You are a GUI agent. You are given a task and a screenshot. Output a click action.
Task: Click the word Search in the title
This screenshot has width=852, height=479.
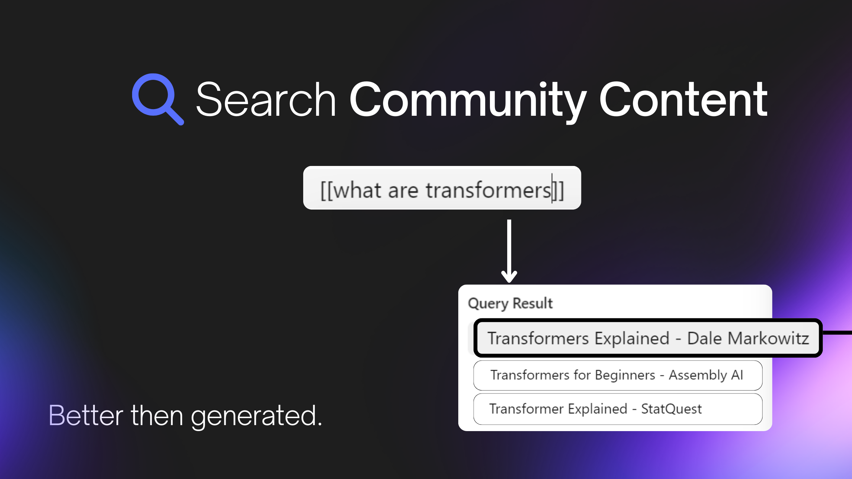pos(266,100)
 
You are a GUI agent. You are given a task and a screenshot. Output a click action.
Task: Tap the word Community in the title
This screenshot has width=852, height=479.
pos(468,101)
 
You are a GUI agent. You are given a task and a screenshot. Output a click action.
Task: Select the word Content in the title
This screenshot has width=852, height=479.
pos(683,99)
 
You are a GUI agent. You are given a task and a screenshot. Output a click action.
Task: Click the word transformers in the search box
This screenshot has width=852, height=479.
pos(489,191)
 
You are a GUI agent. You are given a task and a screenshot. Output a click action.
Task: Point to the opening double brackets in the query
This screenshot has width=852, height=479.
pos(326,191)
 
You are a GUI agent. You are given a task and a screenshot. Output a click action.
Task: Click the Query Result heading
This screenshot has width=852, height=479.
pos(510,303)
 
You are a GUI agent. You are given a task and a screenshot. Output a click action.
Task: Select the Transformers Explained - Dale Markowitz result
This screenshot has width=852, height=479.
pos(648,338)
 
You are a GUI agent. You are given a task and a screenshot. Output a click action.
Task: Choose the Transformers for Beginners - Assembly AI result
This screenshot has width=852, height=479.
pos(618,375)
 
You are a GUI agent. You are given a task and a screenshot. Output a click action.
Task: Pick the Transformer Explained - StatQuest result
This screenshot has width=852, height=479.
pos(618,409)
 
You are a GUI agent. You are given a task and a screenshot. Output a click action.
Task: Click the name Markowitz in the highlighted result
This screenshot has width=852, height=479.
pos(768,338)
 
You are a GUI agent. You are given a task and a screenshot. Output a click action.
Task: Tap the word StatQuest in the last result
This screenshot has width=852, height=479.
pos(671,409)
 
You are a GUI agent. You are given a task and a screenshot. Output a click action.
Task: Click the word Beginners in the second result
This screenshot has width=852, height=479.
pos(625,375)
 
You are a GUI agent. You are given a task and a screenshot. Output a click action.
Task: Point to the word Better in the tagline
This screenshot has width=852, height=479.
pos(86,415)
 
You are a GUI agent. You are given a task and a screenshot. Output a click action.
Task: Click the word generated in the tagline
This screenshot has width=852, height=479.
pos(257,416)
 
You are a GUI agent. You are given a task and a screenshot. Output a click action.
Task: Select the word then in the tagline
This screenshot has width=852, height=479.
pos(157,415)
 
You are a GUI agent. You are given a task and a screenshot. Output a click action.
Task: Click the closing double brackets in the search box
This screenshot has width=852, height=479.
pos(558,191)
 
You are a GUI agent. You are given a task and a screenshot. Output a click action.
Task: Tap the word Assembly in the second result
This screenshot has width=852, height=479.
pos(698,375)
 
